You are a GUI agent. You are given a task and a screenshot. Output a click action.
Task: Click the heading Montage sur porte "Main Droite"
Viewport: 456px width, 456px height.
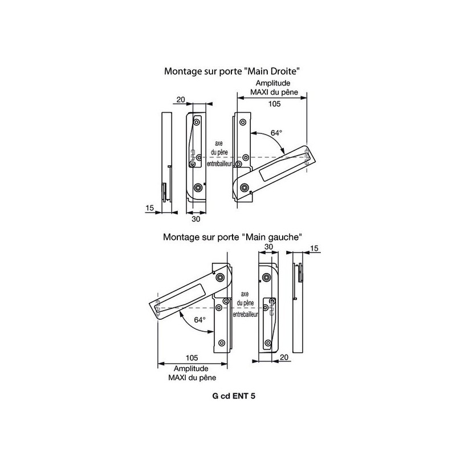click(232, 71)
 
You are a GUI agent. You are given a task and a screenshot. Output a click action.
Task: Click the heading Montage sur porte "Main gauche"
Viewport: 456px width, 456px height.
click(233, 237)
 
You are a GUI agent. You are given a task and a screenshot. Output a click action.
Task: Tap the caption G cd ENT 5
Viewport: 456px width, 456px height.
click(234, 396)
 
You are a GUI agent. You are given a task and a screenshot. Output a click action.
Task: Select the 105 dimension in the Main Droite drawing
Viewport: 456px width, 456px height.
click(274, 104)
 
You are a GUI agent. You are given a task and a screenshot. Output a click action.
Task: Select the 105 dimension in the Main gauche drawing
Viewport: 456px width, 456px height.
click(192, 358)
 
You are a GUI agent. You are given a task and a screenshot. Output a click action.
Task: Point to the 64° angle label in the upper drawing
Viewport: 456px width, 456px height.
click(276, 133)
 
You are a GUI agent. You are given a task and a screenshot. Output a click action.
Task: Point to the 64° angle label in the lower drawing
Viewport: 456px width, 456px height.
click(200, 320)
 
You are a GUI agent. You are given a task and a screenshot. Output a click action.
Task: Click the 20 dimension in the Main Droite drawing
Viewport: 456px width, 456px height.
click(181, 99)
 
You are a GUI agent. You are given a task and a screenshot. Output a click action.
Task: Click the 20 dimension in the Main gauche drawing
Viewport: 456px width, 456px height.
click(284, 357)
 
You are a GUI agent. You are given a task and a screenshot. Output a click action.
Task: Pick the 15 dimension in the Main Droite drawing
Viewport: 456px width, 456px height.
click(149, 208)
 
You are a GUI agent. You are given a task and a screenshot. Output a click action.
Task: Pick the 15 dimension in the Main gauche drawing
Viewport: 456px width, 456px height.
click(315, 249)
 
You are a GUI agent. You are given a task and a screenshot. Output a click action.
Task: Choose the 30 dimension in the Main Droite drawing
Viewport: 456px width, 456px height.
click(196, 219)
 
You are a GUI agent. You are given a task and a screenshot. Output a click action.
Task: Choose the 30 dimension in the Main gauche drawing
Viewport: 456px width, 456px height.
click(268, 247)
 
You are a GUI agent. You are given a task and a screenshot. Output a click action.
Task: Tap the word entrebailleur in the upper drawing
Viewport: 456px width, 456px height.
click(219, 164)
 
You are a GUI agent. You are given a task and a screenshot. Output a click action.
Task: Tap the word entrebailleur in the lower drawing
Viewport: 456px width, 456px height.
click(246, 315)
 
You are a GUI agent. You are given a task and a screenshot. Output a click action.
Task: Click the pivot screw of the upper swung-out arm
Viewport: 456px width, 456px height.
click(244, 188)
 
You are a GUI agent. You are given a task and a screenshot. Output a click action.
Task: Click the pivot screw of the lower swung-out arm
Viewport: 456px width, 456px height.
click(220, 277)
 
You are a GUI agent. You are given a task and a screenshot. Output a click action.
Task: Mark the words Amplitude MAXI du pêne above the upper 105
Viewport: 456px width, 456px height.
click(274, 88)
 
